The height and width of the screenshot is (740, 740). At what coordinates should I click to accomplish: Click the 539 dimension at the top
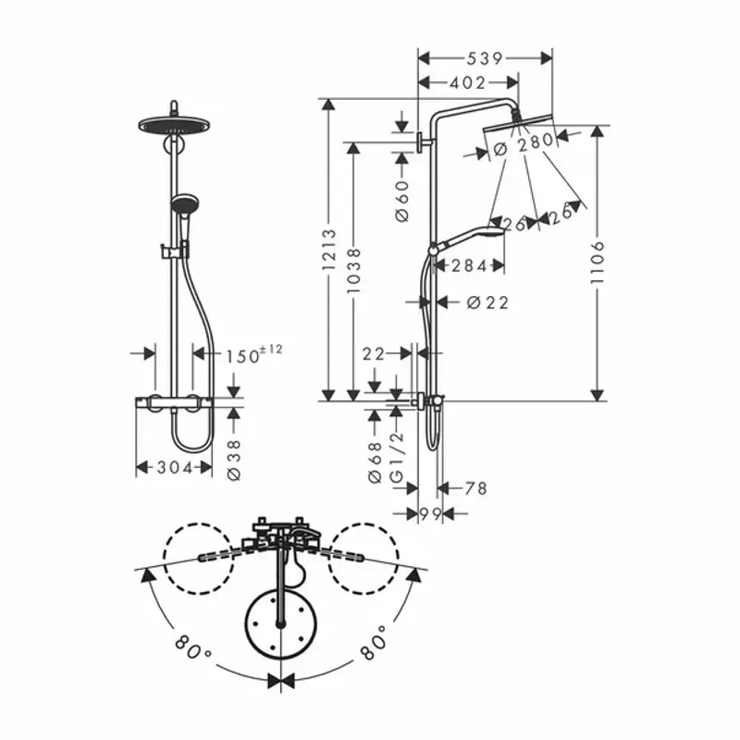[x=485, y=58]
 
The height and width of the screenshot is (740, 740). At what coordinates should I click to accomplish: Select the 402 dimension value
[x=467, y=83]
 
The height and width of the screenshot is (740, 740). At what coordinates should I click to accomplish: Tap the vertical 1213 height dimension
[x=329, y=250]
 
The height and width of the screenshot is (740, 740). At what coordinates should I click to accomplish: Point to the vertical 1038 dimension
[x=354, y=271]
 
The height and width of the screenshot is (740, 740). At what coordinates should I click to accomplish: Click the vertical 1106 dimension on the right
[x=598, y=263]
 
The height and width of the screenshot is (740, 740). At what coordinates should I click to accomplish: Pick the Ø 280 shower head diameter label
[x=523, y=143]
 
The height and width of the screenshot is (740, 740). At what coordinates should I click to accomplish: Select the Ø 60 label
[x=402, y=201]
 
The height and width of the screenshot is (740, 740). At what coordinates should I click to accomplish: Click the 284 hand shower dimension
[x=469, y=266]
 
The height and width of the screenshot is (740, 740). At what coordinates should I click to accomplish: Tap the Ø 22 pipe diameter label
[x=487, y=302]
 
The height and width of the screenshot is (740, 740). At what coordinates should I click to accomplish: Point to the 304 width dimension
[x=175, y=468]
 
